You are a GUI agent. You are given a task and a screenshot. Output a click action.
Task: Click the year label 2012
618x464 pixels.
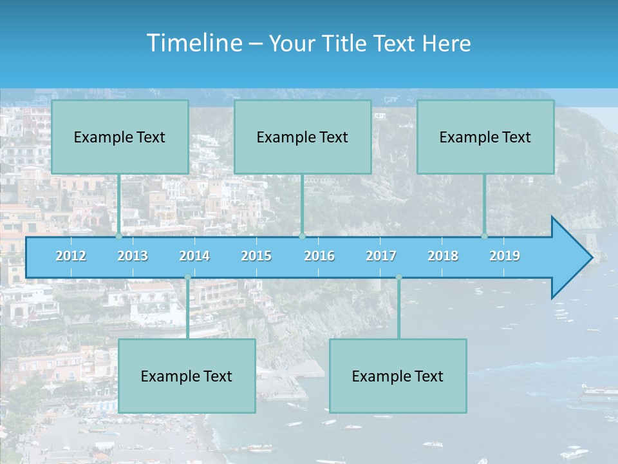(71, 256)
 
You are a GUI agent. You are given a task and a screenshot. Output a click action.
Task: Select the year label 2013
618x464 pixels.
(133, 256)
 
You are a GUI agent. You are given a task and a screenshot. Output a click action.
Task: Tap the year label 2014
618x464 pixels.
(194, 256)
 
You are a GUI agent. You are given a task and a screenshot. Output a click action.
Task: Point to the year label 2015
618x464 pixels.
(256, 256)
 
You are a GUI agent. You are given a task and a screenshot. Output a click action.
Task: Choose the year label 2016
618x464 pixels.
(319, 256)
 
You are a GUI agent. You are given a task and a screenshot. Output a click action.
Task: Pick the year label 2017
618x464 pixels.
(381, 256)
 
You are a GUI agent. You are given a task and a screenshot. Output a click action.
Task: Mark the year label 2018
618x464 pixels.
(443, 256)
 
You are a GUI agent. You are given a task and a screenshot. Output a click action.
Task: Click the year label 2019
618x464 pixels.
(505, 256)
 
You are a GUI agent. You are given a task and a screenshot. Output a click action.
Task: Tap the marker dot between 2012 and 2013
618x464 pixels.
(119, 237)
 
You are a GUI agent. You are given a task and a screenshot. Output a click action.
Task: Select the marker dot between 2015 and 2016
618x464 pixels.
(302, 237)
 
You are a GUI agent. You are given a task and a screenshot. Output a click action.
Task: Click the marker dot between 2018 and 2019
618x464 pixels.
(485, 237)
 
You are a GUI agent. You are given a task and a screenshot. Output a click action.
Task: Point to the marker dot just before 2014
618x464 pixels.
(187, 277)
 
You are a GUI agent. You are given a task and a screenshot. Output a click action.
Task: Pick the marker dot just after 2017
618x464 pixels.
(398, 277)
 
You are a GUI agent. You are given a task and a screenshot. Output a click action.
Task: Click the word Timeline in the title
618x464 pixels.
(193, 43)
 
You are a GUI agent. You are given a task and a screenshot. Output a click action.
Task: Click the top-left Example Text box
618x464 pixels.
(120, 137)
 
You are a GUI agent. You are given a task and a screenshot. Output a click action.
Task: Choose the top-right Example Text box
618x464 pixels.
(485, 137)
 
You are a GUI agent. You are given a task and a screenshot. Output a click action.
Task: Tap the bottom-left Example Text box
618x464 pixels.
(187, 376)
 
